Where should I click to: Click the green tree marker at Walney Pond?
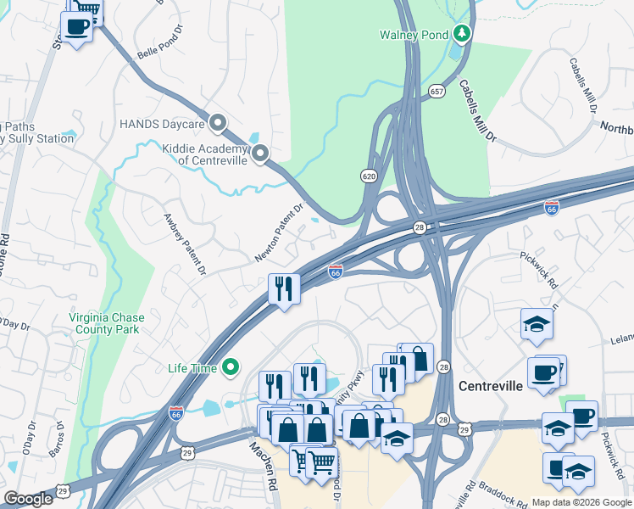pyautogui.click(x=462, y=34)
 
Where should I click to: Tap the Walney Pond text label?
pyautogui.click(x=414, y=35)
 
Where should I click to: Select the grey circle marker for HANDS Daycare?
pyautogui.click(x=218, y=124)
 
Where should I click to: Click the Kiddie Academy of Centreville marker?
pyautogui.click(x=260, y=154)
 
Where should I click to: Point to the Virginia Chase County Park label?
pyautogui.click(x=106, y=323)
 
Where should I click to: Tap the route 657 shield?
pyautogui.click(x=437, y=90)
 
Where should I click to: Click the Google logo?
pyautogui.click(x=29, y=499)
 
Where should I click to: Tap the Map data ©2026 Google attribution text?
pyautogui.click(x=581, y=502)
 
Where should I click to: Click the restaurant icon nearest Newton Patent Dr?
pyautogui.click(x=284, y=289)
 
